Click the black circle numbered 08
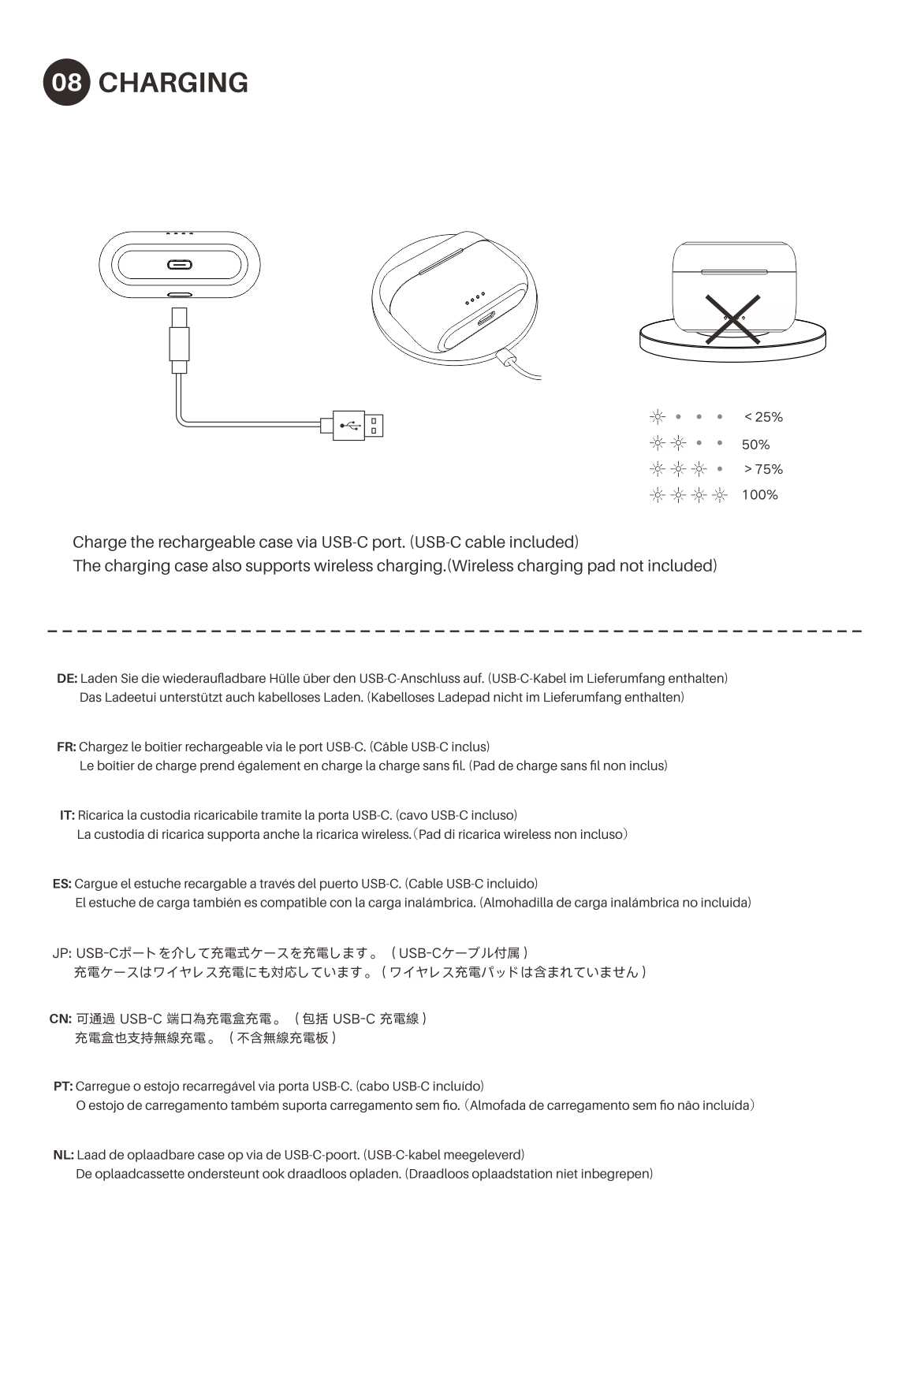point(66,82)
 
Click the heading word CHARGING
point(173,82)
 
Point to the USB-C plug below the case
point(179,340)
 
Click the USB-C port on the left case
point(179,264)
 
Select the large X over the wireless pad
point(732,319)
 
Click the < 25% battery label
point(763,417)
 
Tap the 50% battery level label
point(755,445)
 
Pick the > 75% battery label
point(763,469)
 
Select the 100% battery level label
point(759,494)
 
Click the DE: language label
point(67,678)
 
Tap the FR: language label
point(66,747)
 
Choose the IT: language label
point(67,815)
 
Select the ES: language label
point(62,884)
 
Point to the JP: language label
point(62,953)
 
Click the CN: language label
point(61,1019)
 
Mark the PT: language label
point(63,1086)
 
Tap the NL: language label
point(64,1155)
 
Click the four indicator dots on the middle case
point(475,299)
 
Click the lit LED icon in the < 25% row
point(657,417)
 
